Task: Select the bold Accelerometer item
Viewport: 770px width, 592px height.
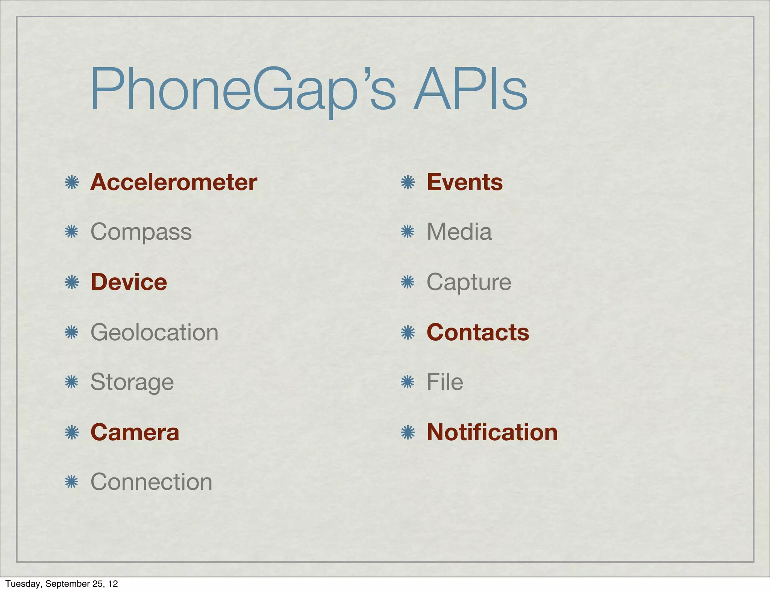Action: [x=174, y=183]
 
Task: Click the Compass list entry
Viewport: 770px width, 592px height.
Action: [x=141, y=232]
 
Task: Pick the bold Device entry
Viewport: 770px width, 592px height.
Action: [x=129, y=282]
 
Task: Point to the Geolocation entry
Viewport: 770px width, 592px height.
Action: [x=154, y=332]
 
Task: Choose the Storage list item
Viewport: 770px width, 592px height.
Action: [x=132, y=382]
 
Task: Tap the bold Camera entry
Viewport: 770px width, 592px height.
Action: [x=135, y=432]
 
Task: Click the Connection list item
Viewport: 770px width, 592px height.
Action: [x=151, y=482]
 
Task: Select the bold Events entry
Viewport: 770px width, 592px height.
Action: [x=465, y=183]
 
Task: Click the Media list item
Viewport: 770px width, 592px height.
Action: [x=459, y=232]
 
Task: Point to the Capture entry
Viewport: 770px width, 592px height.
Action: [x=469, y=282]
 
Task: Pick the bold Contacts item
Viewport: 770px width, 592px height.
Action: [x=478, y=332]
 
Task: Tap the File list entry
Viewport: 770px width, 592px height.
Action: [x=445, y=382]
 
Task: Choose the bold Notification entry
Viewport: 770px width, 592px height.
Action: [x=492, y=432]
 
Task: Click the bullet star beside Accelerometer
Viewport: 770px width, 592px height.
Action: [x=71, y=183]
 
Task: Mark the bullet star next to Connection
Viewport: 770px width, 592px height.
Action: [x=71, y=482]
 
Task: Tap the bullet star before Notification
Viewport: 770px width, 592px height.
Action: [x=408, y=433]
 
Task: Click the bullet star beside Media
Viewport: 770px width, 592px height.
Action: [x=408, y=232]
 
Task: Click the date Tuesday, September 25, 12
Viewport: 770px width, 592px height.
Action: [x=62, y=584]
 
